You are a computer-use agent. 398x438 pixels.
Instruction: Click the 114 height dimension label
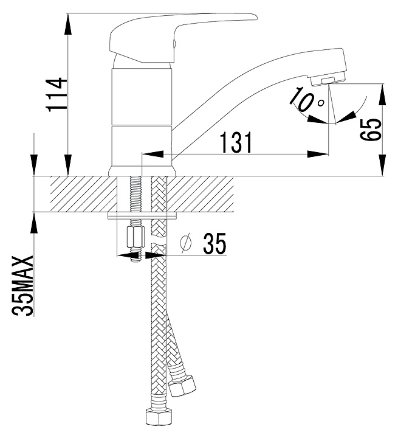[58, 95]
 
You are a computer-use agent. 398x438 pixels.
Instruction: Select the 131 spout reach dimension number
[236, 142]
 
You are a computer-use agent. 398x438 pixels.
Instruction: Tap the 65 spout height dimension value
[371, 130]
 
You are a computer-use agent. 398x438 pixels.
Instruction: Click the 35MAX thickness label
[23, 286]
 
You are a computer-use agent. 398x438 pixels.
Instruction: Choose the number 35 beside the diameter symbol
[214, 244]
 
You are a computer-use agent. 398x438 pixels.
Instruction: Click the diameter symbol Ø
[186, 243]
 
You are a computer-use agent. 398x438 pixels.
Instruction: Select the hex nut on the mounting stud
[136, 237]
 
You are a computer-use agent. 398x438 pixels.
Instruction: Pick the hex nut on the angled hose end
[183, 386]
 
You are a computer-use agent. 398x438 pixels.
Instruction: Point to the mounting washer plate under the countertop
[142, 215]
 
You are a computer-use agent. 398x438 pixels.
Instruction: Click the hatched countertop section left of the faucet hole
[83, 194]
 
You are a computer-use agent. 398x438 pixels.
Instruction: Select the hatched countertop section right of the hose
[200, 194]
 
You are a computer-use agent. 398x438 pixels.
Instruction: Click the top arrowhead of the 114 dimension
[68, 24]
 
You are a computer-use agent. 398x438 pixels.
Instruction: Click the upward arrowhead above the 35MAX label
[34, 223]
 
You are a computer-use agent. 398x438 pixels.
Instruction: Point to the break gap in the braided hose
[159, 240]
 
